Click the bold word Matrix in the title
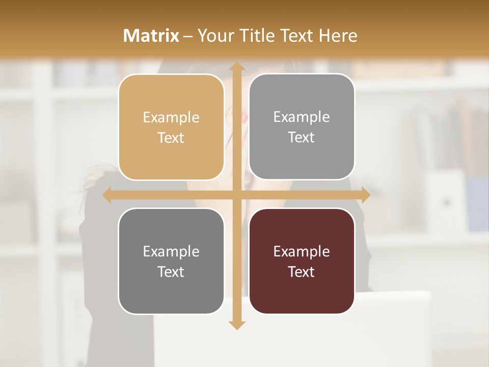pos(151,36)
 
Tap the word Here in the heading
pos(338,36)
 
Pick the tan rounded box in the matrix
pos(171,127)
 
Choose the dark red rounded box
pos(302,261)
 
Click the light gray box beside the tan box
pos(302,126)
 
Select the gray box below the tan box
pos(171,261)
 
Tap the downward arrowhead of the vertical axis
pos(236,325)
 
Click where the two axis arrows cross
pos(236,195)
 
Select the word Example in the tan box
pos(171,118)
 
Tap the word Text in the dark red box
pos(302,272)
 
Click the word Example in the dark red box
pos(302,251)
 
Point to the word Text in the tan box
pos(171,138)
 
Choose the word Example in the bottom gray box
pos(171,251)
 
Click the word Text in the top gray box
pos(302,137)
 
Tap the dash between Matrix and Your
pos(188,36)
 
